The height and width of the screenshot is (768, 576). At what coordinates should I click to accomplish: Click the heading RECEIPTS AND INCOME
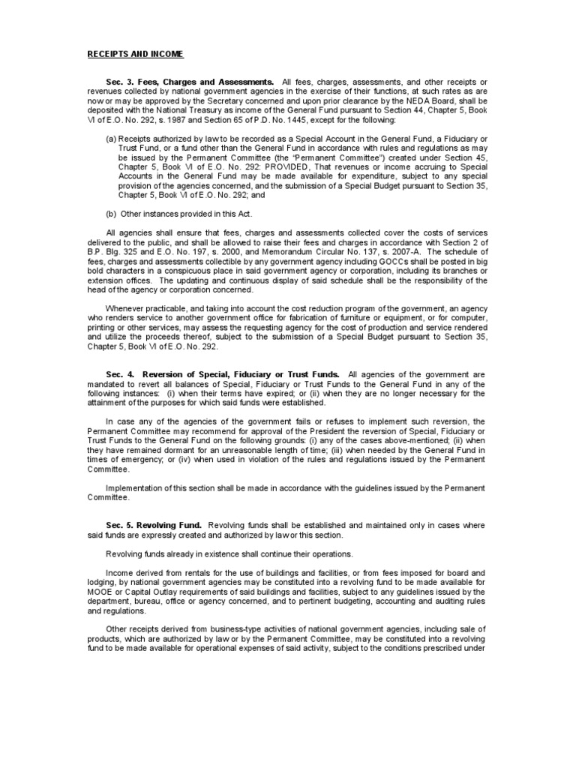(x=136, y=55)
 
